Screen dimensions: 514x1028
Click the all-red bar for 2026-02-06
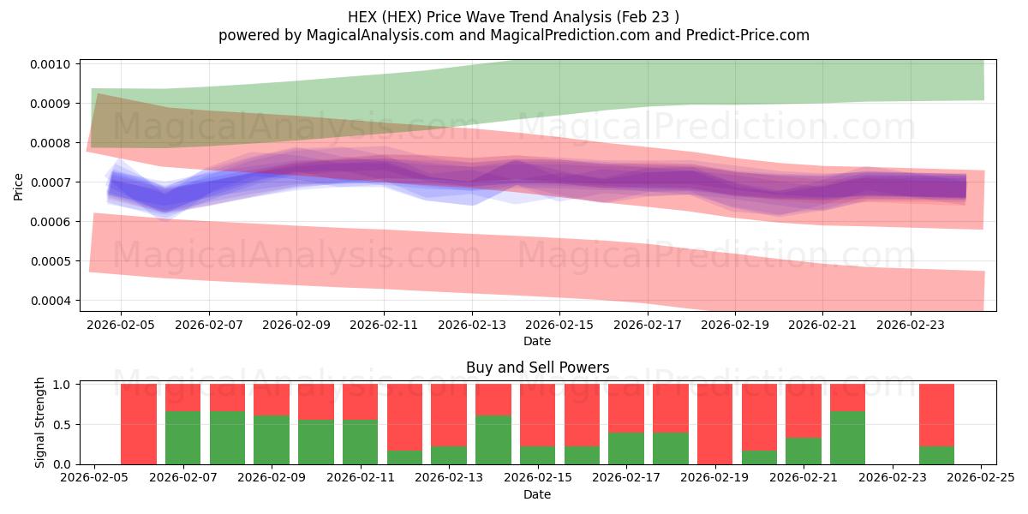[138, 424]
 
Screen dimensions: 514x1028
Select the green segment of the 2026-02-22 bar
[847, 438]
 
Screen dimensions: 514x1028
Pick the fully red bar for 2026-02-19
[714, 424]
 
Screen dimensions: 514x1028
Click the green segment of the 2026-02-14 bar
[493, 439]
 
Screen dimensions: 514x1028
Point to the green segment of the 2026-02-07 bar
[182, 438]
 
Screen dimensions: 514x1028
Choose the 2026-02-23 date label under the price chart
[911, 326]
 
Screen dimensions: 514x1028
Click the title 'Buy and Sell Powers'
[537, 368]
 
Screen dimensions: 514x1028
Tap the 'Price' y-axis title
[19, 186]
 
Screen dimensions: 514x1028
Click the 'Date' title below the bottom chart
[537, 494]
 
